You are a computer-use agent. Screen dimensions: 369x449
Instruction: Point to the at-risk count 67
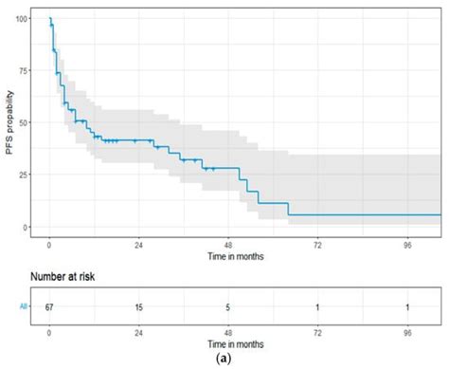point(49,305)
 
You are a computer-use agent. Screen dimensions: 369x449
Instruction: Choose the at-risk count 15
point(138,305)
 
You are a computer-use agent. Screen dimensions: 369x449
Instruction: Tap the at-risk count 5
point(228,305)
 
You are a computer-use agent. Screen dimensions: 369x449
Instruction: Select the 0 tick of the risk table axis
point(49,333)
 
